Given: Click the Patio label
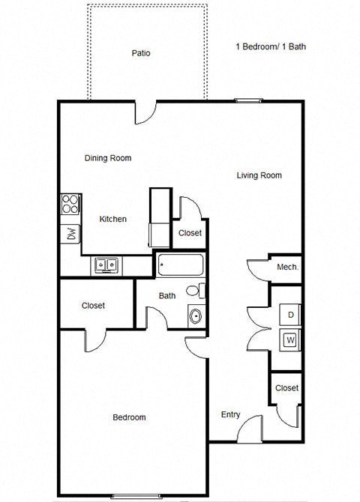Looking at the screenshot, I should coord(141,53).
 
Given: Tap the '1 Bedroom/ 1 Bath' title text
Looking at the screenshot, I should coord(271,46).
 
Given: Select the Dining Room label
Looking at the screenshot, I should coord(108,158).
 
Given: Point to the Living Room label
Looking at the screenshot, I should coord(259,175).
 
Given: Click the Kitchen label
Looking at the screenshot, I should coord(113,220).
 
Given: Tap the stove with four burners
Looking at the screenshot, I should coord(70,204).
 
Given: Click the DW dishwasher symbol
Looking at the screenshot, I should coord(70,233).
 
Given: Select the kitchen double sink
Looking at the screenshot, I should coord(105,264).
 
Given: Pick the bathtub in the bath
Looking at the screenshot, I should coord(180,265).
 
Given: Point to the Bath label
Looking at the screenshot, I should coord(167,296).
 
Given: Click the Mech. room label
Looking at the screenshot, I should coord(288,267).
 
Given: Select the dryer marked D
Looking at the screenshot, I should coord(290,315).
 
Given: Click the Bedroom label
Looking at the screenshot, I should coord(129,417).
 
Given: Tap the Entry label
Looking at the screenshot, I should coord(230,415).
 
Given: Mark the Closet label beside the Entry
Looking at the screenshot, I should coord(286,388).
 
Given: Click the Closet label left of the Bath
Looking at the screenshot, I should coord(93,306).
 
